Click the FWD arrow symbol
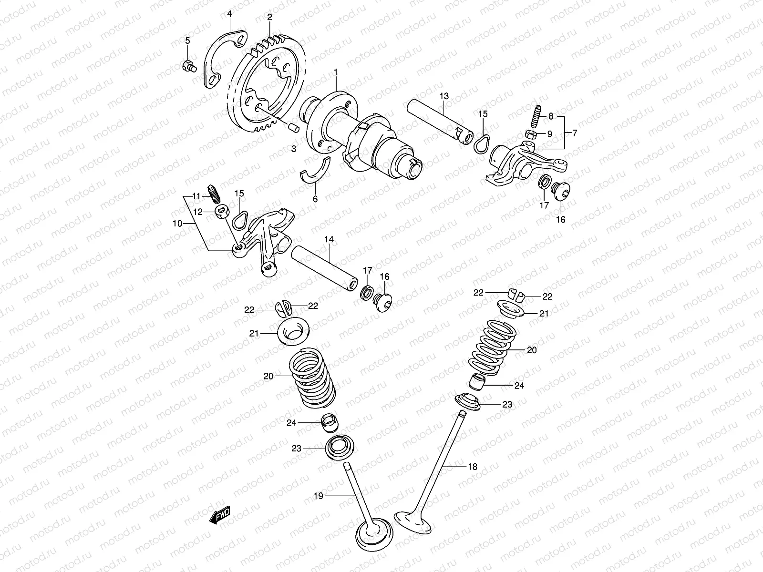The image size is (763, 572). coord(220,516)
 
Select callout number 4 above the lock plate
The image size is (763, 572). coord(229,13)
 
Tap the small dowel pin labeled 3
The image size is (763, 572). coord(294,128)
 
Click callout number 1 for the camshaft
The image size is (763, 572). coord(336,72)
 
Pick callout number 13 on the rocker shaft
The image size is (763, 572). coord(444,96)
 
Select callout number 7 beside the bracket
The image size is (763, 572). coord(575,133)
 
